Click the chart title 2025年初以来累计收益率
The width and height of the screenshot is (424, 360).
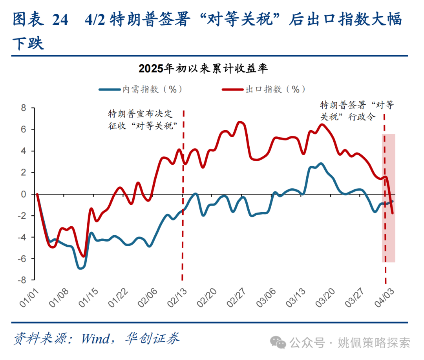[203, 69]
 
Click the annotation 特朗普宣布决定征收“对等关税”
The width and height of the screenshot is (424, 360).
[140, 119]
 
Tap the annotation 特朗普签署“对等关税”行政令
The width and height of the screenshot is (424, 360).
[357, 111]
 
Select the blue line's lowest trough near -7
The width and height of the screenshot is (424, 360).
[80, 268]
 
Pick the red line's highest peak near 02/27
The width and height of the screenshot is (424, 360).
[240, 122]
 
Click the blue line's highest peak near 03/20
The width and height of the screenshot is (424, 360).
[321, 164]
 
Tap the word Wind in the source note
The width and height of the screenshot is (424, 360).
[95, 338]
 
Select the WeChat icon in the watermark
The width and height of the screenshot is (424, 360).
[280, 343]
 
